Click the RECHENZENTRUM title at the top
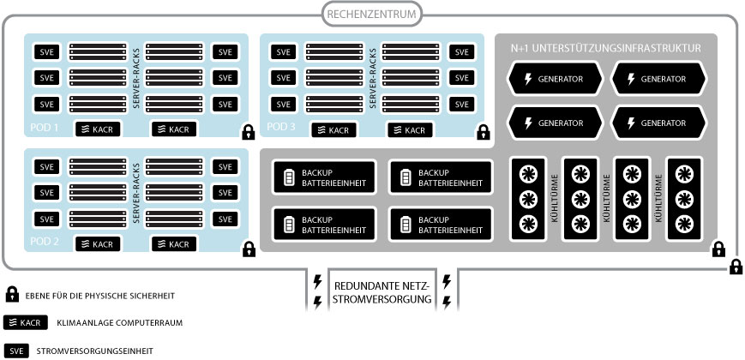(x=372, y=14)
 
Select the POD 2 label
(x=44, y=242)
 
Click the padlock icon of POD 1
(x=248, y=133)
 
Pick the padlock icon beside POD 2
(x=249, y=249)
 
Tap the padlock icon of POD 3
(x=484, y=133)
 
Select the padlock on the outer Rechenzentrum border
(x=736, y=267)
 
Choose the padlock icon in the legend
(x=12, y=295)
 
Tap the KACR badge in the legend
(x=25, y=323)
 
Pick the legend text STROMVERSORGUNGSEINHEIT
(x=107, y=351)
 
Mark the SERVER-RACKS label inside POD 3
(x=374, y=84)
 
